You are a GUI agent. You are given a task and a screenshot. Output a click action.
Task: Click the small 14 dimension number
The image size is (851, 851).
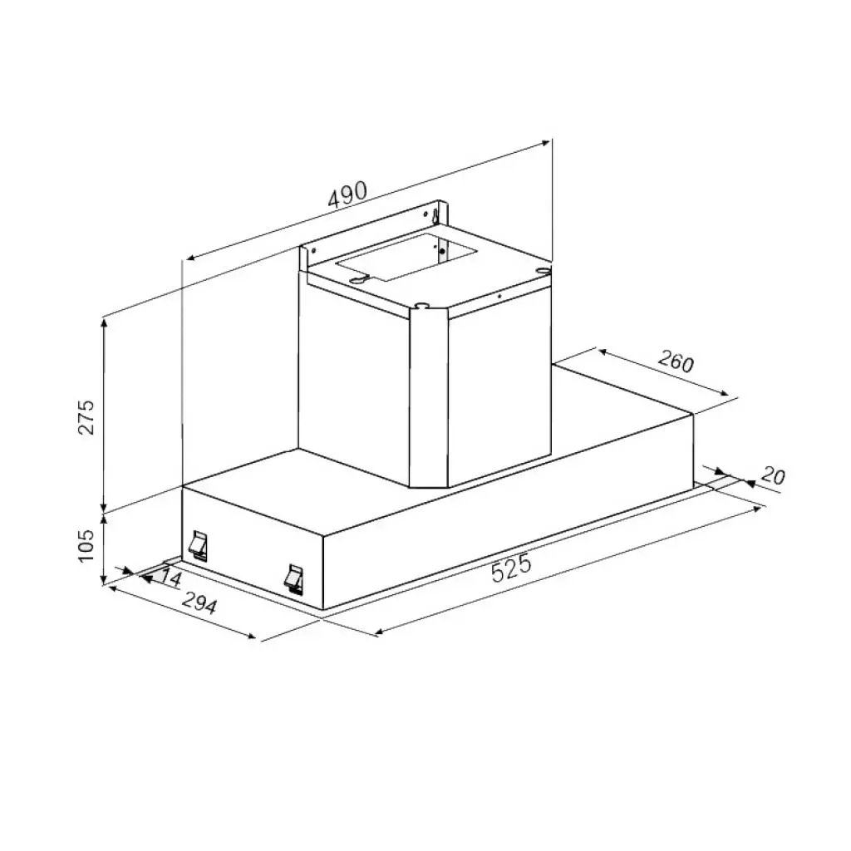[x=171, y=577]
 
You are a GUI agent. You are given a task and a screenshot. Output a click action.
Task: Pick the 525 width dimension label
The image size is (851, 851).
[x=510, y=569]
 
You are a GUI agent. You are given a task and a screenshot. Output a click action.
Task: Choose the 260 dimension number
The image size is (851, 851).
[x=675, y=362]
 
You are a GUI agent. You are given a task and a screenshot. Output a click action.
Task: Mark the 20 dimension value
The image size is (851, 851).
[x=772, y=476]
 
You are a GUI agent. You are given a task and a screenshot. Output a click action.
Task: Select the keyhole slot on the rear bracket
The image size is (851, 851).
[x=434, y=214]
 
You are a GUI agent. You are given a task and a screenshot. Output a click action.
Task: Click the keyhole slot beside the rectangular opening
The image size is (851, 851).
[x=357, y=281]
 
